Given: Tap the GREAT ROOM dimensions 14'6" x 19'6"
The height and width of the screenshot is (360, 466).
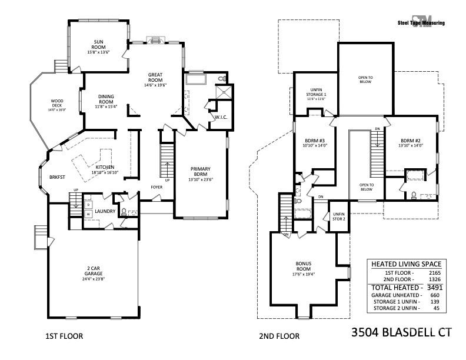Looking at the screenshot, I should tap(155, 85).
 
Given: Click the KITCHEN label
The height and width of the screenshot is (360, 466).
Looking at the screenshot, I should tap(104, 168).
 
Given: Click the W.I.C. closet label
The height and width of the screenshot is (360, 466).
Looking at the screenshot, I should tap(221, 116).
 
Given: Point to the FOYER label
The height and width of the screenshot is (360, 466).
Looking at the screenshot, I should tap(157, 187).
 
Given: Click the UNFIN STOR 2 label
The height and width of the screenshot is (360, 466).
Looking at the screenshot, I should tap(338, 216).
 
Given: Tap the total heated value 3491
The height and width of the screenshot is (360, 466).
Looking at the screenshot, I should tap(435, 287).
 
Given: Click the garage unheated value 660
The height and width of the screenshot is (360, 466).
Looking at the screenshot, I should tap(436, 295).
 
